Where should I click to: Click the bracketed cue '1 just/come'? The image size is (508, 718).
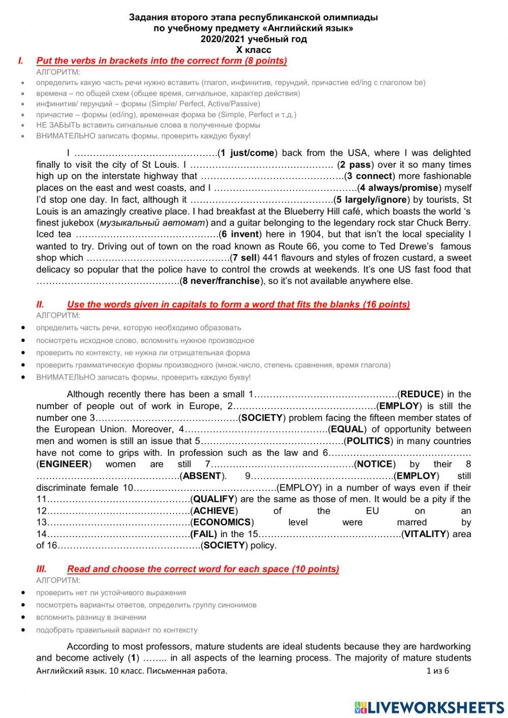[247, 153]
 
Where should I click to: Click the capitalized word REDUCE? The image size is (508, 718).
[420, 394]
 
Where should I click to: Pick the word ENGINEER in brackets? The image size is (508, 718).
[64, 464]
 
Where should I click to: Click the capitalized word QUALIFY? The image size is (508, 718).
[213, 499]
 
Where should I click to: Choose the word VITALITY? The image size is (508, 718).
[426, 534]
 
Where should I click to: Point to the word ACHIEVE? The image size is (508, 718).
[214, 511]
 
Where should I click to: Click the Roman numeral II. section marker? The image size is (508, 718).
[40, 304]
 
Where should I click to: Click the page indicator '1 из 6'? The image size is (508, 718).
[437, 671]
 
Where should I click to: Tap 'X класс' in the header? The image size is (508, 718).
[253, 50]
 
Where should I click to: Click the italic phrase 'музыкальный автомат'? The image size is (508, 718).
[152, 223]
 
